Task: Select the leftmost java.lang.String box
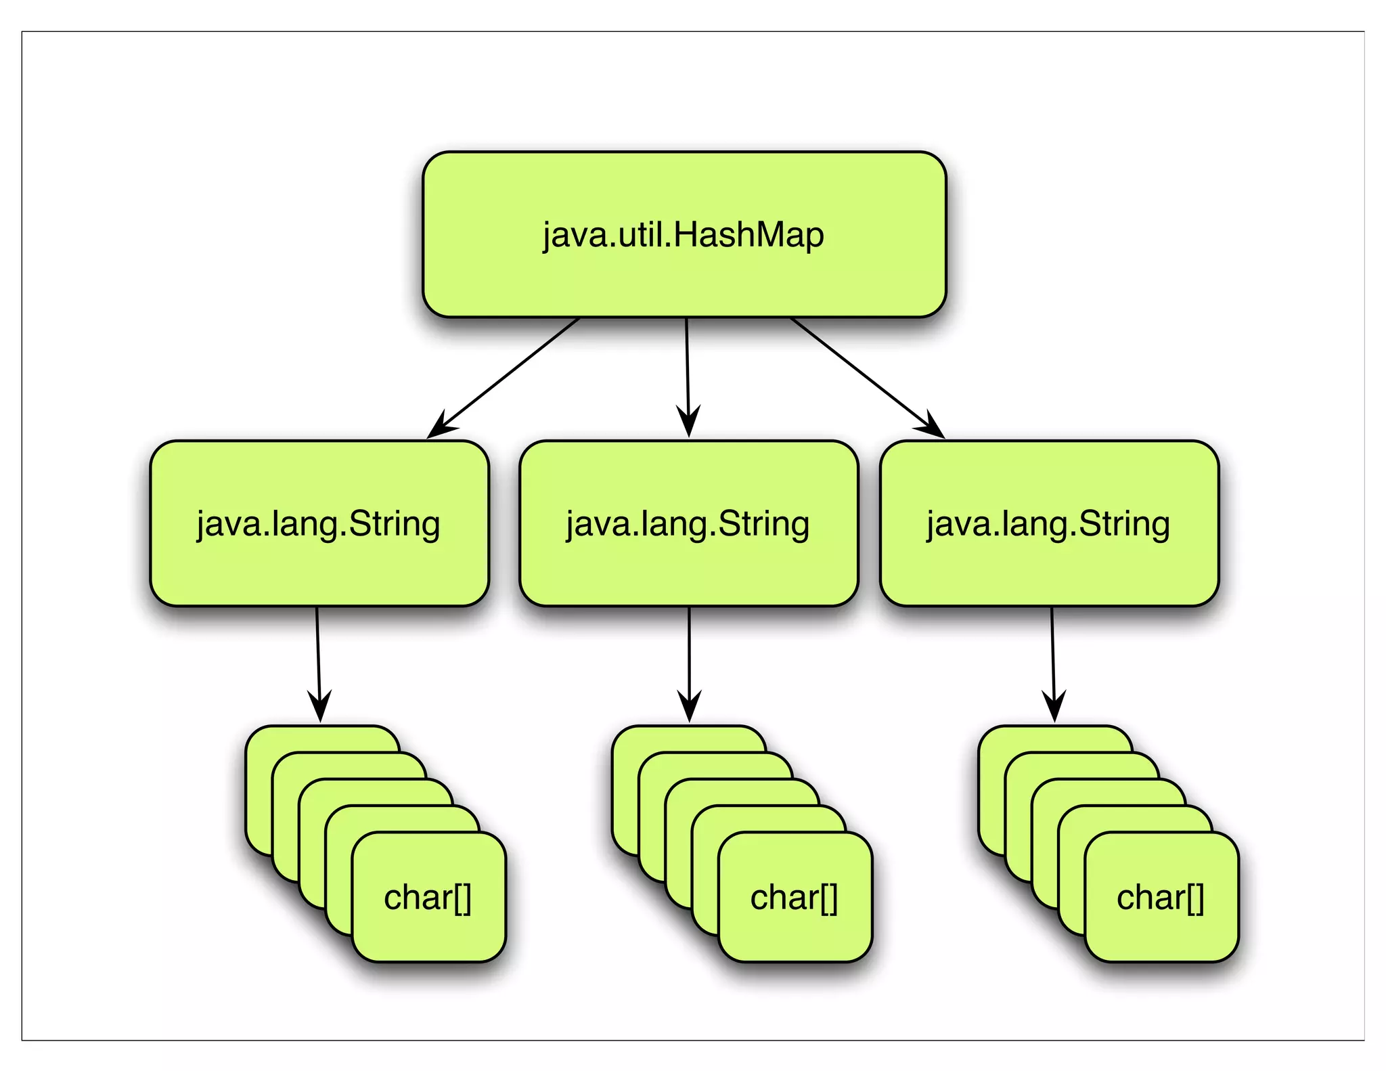[x=319, y=569]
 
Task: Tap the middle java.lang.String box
[x=688, y=569]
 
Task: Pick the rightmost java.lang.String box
[x=1049, y=569]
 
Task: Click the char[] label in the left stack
[x=428, y=898]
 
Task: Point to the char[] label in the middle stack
[x=794, y=898]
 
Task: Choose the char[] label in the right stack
[x=1160, y=898]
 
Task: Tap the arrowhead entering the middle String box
[x=688, y=424]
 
